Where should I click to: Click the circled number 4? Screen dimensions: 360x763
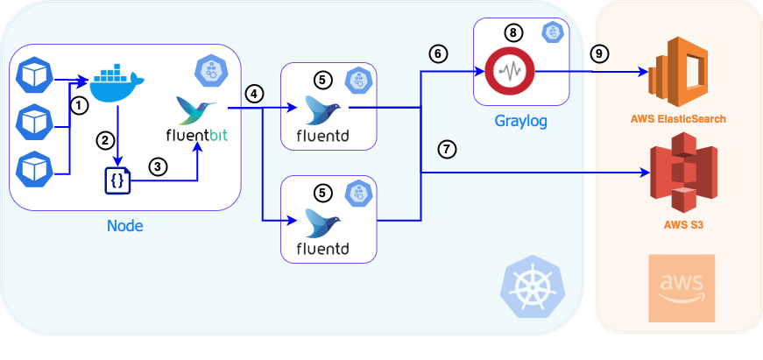click(x=254, y=93)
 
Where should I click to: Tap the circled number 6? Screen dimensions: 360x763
click(x=438, y=53)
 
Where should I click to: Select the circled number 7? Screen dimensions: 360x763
click(x=448, y=149)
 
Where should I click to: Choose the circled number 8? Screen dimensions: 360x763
click(x=513, y=32)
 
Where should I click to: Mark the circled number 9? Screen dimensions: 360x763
click(x=599, y=53)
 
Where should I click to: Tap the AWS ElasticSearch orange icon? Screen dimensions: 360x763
click(x=679, y=72)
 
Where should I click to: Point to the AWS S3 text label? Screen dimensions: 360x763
click(x=679, y=225)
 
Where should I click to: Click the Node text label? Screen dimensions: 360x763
click(x=124, y=227)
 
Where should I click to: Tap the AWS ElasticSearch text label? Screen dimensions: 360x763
click(x=679, y=118)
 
